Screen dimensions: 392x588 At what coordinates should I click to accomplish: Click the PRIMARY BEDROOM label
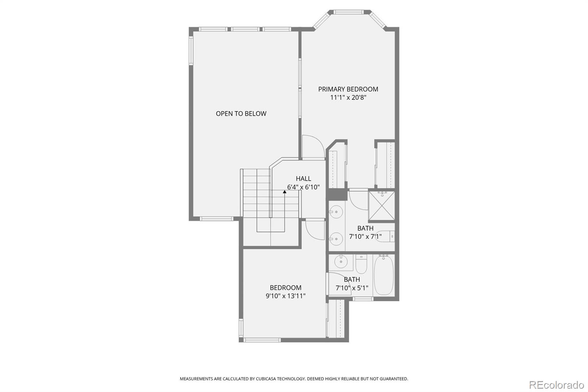click(348, 89)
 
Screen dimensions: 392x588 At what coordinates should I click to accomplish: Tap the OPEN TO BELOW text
click(241, 114)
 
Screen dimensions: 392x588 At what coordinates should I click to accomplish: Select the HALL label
click(304, 178)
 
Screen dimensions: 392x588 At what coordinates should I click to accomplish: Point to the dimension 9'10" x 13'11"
click(286, 296)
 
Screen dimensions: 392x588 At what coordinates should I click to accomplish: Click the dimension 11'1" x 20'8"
click(348, 97)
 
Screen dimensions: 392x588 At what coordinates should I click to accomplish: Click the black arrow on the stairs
click(284, 192)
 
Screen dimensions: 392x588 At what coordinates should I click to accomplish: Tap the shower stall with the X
click(381, 205)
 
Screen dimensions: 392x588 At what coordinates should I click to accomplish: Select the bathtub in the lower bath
click(384, 275)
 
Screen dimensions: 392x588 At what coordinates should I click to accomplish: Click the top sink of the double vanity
click(336, 212)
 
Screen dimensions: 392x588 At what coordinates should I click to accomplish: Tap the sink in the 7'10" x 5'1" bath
click(341, 262)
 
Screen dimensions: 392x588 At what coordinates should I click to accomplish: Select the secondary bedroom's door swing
click(314, 230)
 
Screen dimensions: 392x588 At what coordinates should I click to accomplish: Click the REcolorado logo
click(556, 385)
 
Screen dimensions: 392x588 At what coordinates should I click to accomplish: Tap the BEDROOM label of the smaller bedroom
click(286, 288)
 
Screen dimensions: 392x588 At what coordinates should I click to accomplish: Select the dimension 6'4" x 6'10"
click(304, 187)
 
